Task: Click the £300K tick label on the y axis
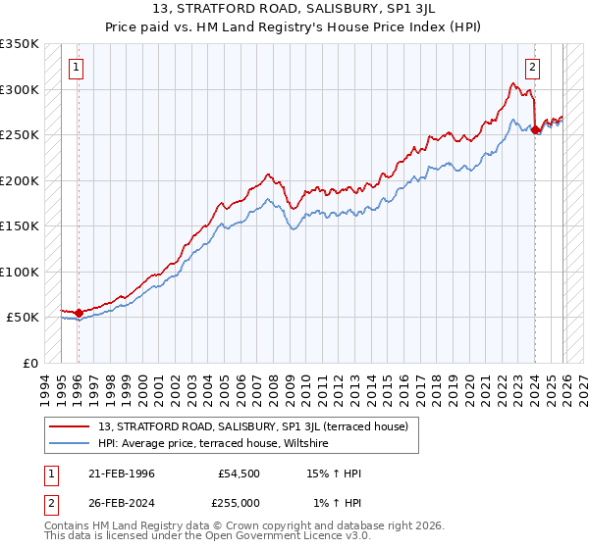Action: tap(20, 89)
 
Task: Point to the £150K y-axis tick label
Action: tap(20, 226)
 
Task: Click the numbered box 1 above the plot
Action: tap(77, 68)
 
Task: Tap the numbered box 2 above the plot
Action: tap(532, 68)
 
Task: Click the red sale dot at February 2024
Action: tap(535, 130)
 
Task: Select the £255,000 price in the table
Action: tap(239, 502)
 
